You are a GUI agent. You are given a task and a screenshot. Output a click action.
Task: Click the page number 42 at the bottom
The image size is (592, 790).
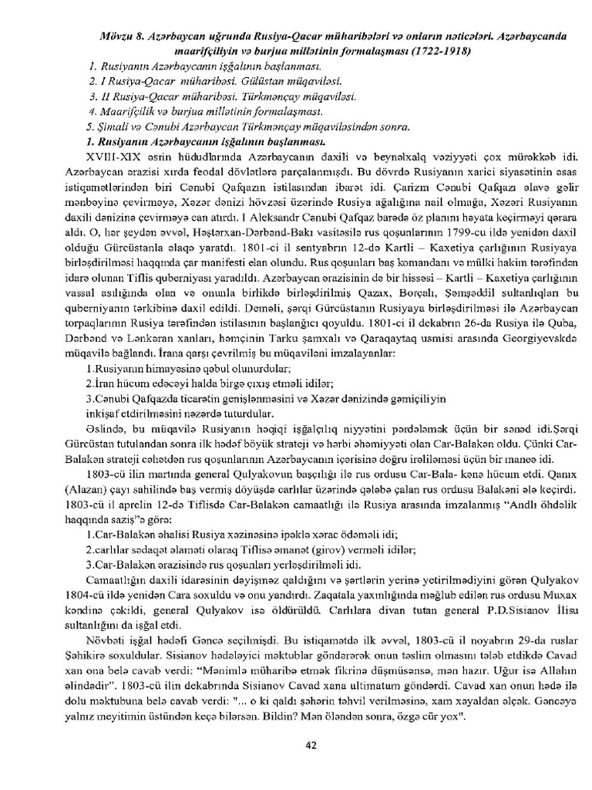tap(311, 744)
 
